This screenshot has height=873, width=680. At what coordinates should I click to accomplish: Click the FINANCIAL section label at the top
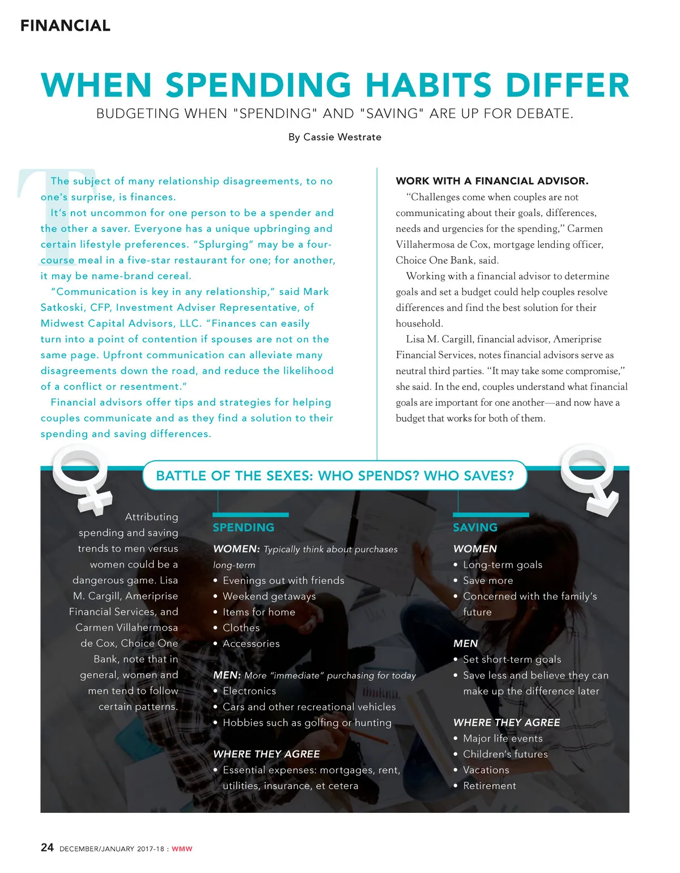point(65,26)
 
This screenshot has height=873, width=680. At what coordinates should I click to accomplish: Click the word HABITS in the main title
point(428,85)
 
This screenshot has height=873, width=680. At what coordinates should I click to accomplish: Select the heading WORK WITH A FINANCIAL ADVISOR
point(492,181)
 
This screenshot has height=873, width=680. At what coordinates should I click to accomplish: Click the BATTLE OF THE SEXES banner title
point(334,476)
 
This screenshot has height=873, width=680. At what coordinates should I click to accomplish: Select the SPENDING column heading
point(243,527)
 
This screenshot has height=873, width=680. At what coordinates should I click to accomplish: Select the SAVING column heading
point(475,527)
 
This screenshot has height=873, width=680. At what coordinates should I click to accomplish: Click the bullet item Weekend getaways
point(269,596)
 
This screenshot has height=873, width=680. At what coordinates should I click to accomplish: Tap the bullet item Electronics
point(249,691)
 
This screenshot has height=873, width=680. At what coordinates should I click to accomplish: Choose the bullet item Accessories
point(251,643)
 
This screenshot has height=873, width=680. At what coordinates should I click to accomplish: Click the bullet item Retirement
point(490,786)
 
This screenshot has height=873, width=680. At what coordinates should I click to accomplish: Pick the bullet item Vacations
point(486,770)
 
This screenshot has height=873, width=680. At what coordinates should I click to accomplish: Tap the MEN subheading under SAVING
point(465,643)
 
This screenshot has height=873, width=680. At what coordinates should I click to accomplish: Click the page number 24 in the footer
point(47,847)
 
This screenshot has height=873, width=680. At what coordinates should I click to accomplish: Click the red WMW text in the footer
point(182,849)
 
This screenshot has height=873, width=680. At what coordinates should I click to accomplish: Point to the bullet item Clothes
point(241,628)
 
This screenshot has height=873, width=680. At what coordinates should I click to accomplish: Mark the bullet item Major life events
point(503,738)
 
